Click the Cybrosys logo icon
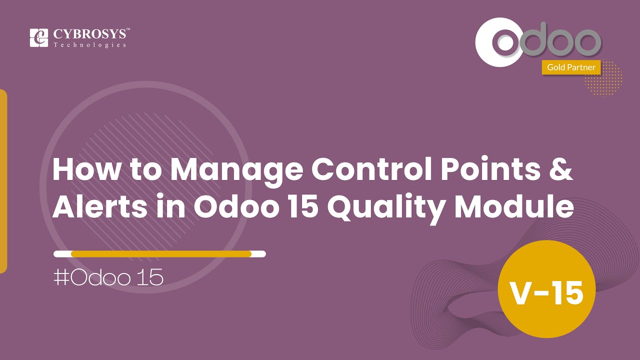coord(39,38)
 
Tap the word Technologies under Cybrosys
coord(90,45)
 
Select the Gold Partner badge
coord(571,67)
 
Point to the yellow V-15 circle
coord(546,293)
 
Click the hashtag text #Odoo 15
coord(108,277)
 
